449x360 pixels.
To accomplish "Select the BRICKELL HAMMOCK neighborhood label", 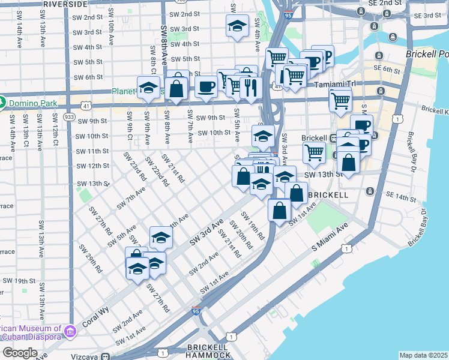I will (207, 351).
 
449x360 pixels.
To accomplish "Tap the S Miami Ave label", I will (330, 239).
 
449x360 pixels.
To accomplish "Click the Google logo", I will (20, 352).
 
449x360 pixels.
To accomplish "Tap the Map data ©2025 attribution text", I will (423, 355).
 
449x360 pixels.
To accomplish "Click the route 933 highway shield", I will (69, 116).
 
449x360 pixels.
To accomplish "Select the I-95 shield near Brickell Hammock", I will (196, 311).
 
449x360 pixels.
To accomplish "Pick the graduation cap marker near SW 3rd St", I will (237, 26).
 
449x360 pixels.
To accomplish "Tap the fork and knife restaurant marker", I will (250, 88).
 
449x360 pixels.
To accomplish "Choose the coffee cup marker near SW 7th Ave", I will (206, 86).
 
